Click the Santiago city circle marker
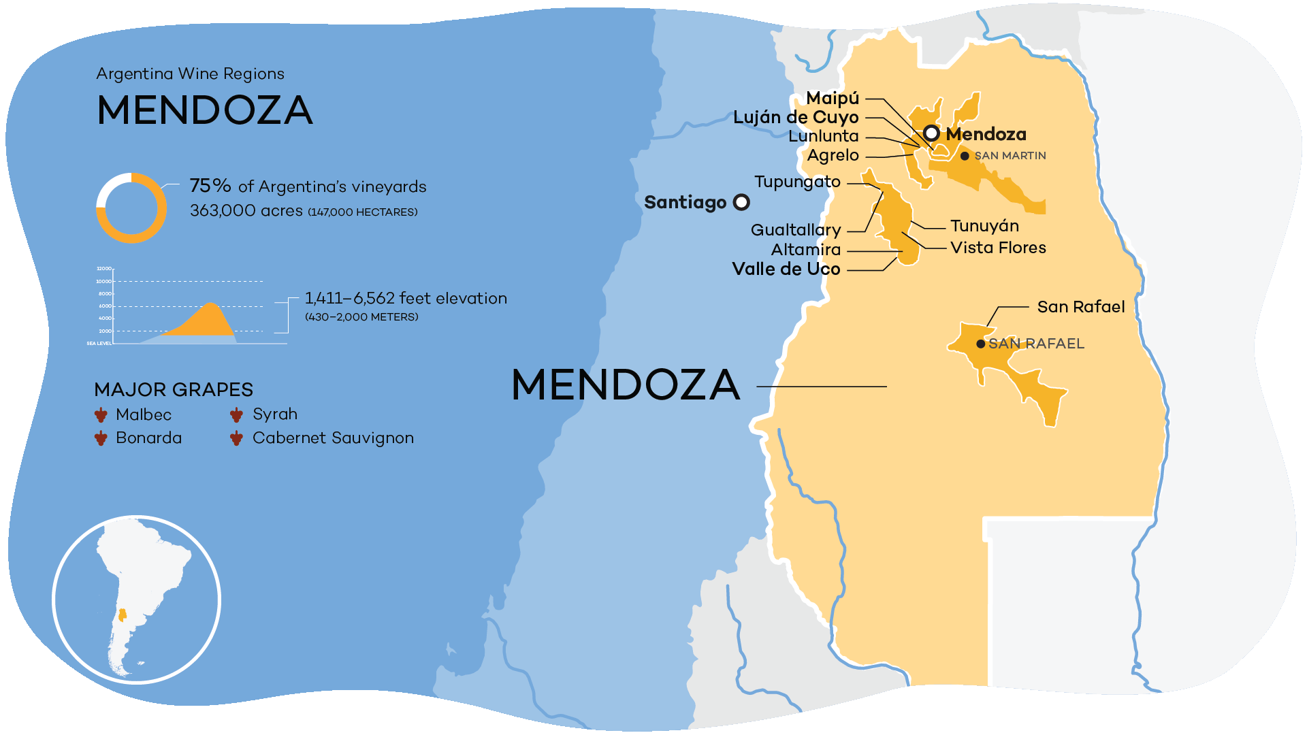pos(741,202)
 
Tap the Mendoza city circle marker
pos(931,133)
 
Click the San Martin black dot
pos(965,156)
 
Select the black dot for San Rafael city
pos(980,344)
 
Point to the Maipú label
pos(833,99)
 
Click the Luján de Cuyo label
pos(796,117)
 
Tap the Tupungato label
pos(797,182)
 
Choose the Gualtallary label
pos(796,230)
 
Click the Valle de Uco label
pos(786,269)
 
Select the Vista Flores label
pos(998,248)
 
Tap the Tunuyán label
pos(984,226)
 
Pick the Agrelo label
pos(833,155)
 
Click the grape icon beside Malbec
pos(101,414)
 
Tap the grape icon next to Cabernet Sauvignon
pos(236,438)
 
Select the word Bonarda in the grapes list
pos(148,438)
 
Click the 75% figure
pos(210,186)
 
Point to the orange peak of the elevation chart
pos(211,306)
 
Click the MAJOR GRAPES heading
pos(174,389)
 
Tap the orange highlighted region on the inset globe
pos(123,615)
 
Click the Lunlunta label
pos(823,136)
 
